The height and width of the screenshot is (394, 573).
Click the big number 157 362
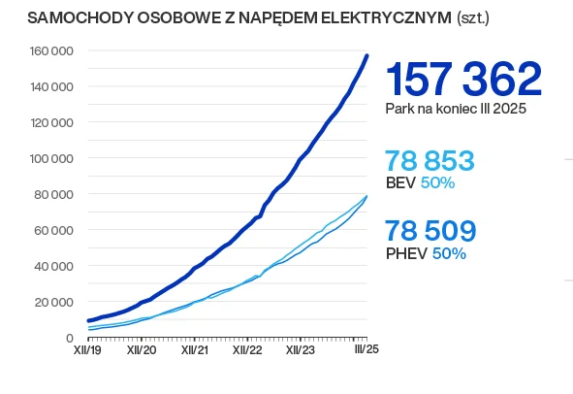462,80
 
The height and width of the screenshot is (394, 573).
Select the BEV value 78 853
430,161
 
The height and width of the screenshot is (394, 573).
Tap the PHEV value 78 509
430,231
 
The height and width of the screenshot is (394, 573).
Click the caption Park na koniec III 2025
456,110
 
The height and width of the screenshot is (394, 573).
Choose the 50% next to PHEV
449,253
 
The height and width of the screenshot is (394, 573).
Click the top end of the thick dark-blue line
367,55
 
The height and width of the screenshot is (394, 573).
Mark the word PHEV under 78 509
406,253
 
